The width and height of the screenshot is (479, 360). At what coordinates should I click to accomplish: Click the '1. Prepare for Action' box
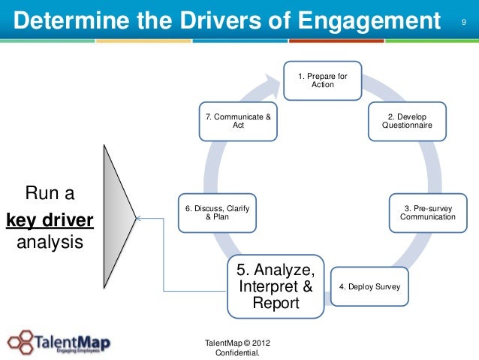[322, 80]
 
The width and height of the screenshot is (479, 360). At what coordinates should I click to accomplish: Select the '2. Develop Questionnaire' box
[407, 122]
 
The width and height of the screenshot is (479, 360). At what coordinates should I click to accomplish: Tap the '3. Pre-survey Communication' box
[427, 212]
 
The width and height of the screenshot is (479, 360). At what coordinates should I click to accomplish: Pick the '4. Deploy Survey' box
[369, 287]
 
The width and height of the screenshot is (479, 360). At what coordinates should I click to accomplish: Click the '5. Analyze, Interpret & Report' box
[276, 287]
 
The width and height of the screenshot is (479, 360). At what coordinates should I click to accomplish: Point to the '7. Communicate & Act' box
[238, 122]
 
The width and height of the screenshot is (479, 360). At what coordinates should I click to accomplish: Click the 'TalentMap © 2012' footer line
[238, 343]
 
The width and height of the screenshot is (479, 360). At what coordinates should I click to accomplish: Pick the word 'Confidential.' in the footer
[238, 353]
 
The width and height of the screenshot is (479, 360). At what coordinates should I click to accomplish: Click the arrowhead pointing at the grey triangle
[139, 219]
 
